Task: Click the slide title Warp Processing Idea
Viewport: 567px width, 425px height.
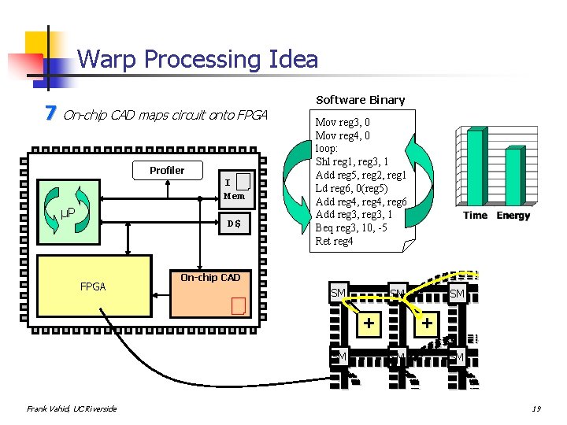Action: tap(198, 59)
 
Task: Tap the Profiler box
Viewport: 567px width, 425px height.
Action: tap(167, 171)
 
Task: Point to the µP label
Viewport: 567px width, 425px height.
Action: tap(69, 213)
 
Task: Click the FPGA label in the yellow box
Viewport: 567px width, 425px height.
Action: tap(93, 286)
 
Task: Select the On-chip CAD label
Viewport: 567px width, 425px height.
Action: tap(209, 277)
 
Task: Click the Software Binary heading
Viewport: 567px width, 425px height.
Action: tap(360, 100)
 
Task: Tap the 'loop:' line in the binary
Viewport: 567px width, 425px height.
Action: tap(327, 148)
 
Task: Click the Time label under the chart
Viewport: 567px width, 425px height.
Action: tap(475, 216)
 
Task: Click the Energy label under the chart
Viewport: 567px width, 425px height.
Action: tap(513, 216)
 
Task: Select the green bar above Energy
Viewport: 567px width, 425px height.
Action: tap(513, 177)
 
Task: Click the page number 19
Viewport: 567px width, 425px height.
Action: tap(535, 408)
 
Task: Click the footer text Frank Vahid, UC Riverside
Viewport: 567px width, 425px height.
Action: tap(71, 408)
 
